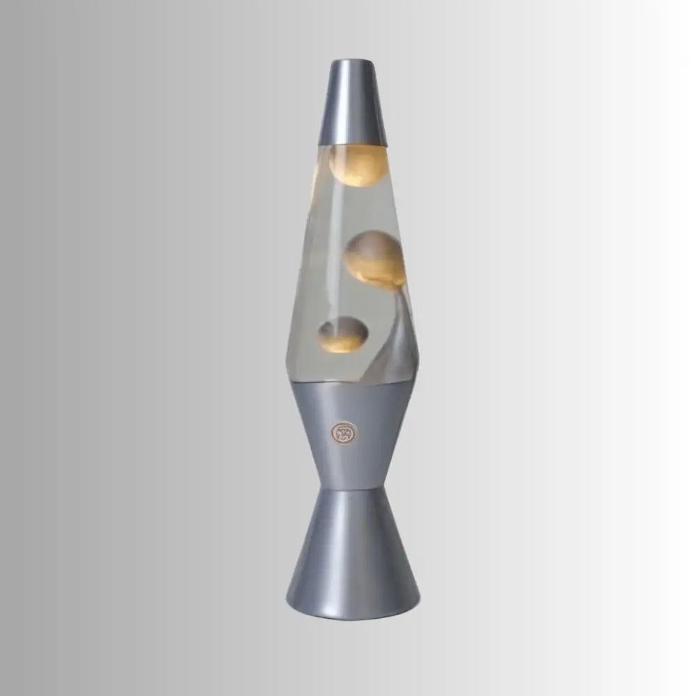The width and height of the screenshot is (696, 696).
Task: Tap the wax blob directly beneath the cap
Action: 358,166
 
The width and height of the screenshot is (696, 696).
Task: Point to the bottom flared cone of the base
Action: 354,550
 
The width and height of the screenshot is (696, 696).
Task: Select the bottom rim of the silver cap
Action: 358,144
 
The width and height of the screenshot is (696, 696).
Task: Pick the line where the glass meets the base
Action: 355,380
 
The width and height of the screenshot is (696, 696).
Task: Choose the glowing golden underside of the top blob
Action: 359,177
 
